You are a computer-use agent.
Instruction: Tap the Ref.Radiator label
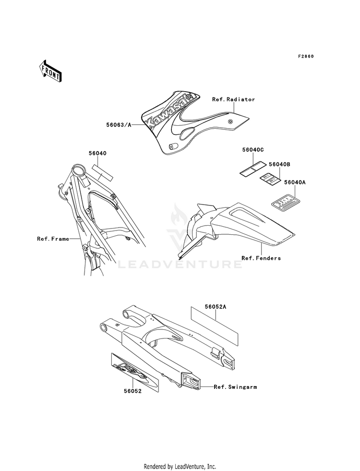click(233, 99)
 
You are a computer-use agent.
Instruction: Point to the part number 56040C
click(253, 150)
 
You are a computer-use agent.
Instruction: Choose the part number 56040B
click(279, 164)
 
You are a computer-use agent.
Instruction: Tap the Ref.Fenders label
click(261, 258)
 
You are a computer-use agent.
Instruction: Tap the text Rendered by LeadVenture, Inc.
click(180, 466)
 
